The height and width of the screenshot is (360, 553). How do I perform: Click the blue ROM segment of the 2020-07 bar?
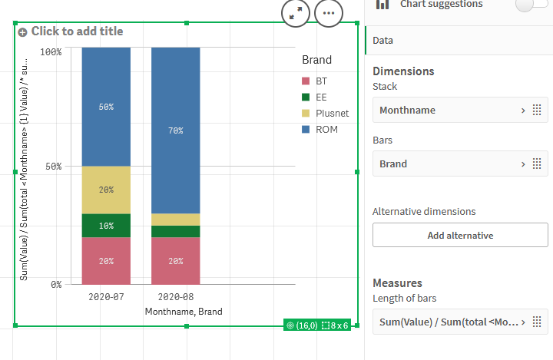pyautogui.click(x=106, y=107)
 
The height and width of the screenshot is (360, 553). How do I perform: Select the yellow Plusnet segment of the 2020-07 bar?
pyautogui.click(x=106, y=190)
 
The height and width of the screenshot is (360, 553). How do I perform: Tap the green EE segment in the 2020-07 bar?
pyautogui.click(x=106, y=225)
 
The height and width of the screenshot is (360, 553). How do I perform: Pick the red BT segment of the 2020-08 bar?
pyautogui.click(x=175, y=260)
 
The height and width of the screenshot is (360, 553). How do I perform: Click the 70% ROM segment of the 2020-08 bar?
pyautogui.click(x=175, y=130)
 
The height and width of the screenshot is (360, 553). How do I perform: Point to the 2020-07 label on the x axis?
pyautogui.click(x=106, y=296)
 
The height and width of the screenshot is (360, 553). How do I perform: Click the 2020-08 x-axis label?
pyautogui.click(x=175, y=296)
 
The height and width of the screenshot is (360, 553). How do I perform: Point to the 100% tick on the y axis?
pyautogui.click(x=51, y=51)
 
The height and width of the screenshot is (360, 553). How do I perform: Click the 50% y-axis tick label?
pyautogui.click(x=53, y=167)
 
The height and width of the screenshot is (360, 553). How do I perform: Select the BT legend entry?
pyautogui.click(x=321, y=81)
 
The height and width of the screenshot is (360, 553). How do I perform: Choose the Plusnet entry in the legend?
pyautogui.click(x=331, y=113)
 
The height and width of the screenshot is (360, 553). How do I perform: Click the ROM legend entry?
pyautogui.click(x=326, y=129)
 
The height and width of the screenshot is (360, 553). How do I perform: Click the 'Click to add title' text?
pyautogui.click(x=77, y=31)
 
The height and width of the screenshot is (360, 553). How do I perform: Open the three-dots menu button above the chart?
pyautogui.click(x=329, y=14)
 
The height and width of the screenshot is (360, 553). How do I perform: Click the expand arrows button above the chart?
pyautogui.click(x=296, y=14)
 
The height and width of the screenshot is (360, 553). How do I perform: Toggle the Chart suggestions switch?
pyautogui.click(x=531, y=5)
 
